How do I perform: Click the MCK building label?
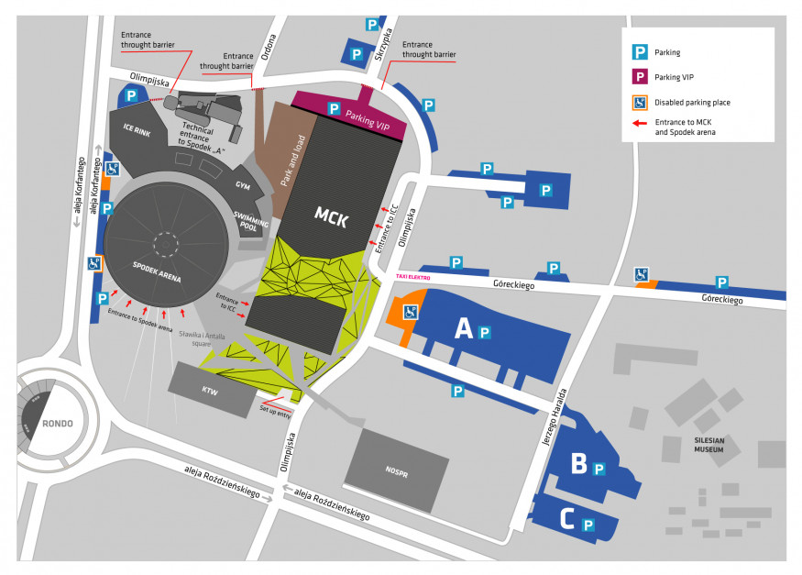point(331,216)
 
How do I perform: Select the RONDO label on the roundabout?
point(57,423)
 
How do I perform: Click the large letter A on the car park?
point(464,328)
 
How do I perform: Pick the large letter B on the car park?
point(578,464)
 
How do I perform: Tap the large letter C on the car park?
point(566,521)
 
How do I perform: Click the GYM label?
point(242,185)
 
